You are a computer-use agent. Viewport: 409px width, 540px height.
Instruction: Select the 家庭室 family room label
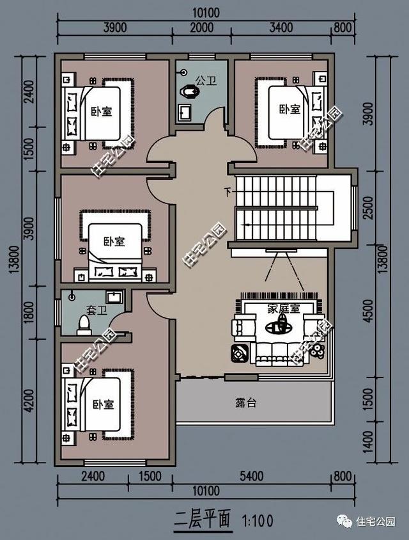pos(284,308)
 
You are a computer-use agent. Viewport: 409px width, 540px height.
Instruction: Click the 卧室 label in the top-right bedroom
pos(289,109)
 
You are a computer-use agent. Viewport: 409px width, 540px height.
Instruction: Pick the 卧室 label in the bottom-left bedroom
pos(103,404)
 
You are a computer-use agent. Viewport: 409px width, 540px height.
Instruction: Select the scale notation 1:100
pos(258,520)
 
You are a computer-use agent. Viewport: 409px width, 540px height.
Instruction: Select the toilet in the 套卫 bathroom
pos(82,326)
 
